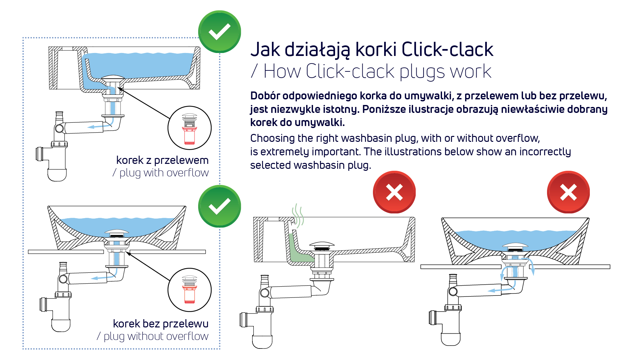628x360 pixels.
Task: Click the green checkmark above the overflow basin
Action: pos(220,32)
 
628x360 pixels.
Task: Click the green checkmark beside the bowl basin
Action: pos(220,206)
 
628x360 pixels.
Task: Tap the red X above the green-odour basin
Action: pos(394,192)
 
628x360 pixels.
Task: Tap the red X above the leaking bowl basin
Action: pos(568,192)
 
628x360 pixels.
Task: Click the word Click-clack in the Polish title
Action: pos(447,50)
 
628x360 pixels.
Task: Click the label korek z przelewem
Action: pos(162,160)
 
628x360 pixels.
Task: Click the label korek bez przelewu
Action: pos(161,324)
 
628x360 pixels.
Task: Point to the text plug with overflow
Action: pos(164,173)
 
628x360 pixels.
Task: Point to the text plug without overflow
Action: pos(156,336)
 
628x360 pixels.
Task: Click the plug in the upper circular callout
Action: pos(190,129)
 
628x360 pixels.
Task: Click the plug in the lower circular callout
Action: pos(190,289)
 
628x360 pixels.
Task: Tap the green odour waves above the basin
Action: pos(298,216)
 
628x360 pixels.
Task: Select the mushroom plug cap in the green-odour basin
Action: pos(322,245)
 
